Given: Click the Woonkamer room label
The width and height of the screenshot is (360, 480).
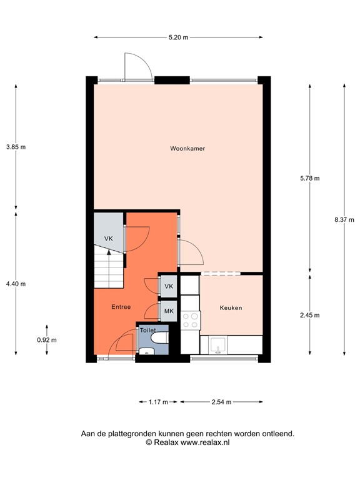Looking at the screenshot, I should pos(187,149).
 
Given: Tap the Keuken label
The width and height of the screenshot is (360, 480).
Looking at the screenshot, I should pos(231,308).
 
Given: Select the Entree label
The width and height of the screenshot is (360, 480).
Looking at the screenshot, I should pos(121,307).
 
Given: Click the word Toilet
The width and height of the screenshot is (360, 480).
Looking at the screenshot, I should pos(147,329).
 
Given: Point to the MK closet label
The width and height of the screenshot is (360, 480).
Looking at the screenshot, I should pos(169,310).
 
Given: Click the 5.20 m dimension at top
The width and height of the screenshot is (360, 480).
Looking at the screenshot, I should pos(178,37).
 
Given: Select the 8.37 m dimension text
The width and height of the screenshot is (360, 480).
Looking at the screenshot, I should pos(344,219).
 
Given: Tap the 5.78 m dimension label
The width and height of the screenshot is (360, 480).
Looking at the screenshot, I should pos(310,178).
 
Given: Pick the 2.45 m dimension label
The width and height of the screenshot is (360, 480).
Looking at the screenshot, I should pos(310,316).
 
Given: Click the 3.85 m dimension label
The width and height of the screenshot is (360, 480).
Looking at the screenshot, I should pos(16,147).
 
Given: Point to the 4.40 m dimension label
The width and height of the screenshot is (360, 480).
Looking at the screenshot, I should pos(16,284).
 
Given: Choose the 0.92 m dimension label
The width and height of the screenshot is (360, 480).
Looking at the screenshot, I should pos(47,340).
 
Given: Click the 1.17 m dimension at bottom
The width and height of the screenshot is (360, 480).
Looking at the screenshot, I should pos(158,402).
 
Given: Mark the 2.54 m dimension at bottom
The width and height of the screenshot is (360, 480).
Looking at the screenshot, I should pos(221,402).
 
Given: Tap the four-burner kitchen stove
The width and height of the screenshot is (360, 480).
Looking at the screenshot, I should pos(190,321).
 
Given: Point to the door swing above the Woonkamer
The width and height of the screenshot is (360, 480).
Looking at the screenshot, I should pos(136,66).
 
